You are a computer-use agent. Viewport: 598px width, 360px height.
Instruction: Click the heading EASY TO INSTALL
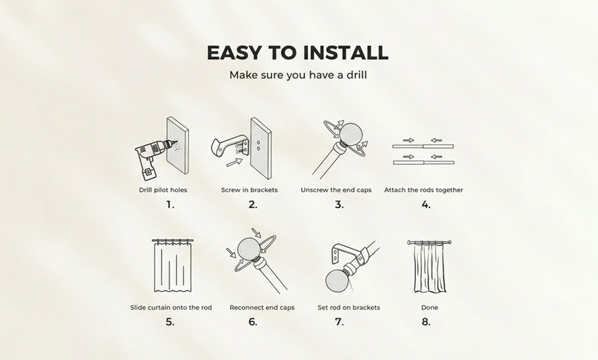click(298, 53)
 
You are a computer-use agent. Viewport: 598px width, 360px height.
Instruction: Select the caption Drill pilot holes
click(162, 190)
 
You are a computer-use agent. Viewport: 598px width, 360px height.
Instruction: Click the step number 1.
click(170, 205)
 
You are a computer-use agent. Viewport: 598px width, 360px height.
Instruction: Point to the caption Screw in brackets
click(249, 190)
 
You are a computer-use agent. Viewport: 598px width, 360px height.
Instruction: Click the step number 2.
click(253, 205)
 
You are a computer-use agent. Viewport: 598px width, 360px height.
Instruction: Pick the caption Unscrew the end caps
click(336, 190)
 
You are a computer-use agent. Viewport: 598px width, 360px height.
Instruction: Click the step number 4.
click(425, 205)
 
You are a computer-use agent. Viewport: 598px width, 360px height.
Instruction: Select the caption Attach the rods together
click(423, 190)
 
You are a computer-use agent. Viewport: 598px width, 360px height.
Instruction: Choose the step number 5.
click(170, 322)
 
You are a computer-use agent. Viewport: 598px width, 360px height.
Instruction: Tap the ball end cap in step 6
click(248, 249)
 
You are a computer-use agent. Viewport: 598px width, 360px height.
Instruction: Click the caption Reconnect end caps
click(262, 307)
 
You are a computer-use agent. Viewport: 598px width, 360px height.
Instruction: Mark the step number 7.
click(339, 322)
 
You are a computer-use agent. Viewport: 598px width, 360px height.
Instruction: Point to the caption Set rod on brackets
click(348, 307)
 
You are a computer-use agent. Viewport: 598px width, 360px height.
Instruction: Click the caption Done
click(430, 307)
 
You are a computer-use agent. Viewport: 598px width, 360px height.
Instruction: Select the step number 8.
click(425, 322)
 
